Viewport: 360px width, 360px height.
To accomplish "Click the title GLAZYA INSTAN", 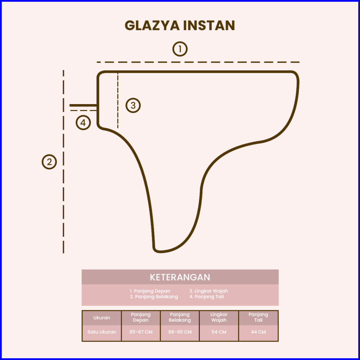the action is (180, 26).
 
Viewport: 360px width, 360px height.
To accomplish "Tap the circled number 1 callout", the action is (180, 49).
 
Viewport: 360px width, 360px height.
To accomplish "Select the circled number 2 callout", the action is (49, 162).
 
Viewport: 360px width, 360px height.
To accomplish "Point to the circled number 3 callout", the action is (133, 105).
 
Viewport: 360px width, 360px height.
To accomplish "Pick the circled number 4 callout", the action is (83, 123).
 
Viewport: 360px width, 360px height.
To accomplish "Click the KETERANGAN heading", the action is (180, 277).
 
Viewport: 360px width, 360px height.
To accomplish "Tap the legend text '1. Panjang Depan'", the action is (150, 291).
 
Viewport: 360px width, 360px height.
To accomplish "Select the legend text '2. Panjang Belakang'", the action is (154, 297).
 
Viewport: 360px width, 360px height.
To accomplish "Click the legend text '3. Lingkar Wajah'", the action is (209, 291).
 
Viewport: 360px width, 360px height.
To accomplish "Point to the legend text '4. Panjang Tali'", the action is (206, 297).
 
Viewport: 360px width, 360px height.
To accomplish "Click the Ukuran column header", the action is (102, 318).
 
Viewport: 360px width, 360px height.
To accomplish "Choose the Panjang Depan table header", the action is (141, 317).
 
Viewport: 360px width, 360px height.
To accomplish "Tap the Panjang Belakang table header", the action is (180, 317).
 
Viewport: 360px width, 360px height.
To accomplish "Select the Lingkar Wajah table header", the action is (219, 317).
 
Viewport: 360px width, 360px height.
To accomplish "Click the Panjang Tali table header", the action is (258, 317).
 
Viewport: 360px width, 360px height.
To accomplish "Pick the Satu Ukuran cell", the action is (102, 332).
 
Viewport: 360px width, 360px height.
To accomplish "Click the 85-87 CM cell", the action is (141, 332).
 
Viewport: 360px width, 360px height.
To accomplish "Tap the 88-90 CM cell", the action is (180, 332).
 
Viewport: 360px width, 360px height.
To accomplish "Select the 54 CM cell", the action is (219, 332).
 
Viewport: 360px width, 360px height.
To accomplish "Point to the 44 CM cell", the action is (258, 332).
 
